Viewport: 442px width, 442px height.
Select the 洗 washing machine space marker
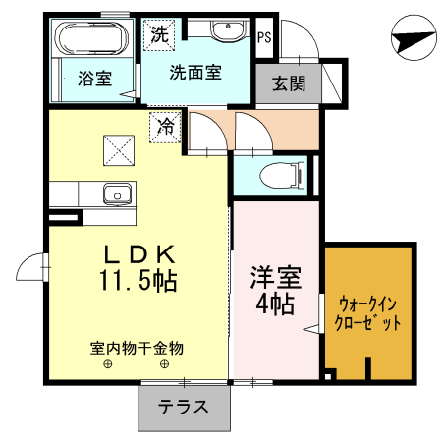tap(158, 32)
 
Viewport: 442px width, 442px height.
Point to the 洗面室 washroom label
tap(194, 72)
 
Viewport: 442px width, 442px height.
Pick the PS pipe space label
tap(263, 38)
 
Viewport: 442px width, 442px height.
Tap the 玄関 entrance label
tap(289, 83)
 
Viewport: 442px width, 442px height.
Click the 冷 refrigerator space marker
tap(166, 127)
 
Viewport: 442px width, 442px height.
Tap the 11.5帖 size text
tap(137, 282)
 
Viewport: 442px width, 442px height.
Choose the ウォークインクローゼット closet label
tap(368, 313)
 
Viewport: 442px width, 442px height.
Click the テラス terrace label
tap(184, 407)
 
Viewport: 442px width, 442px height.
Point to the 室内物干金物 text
tap(137, 348)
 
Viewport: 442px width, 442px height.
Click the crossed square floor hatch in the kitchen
tap(119, 150)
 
